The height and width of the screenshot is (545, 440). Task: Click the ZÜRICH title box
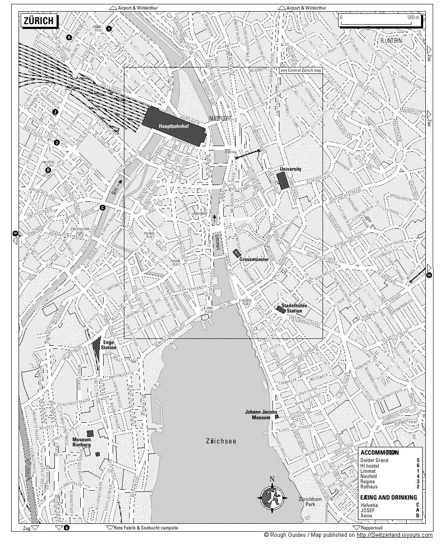[x=38, y=21]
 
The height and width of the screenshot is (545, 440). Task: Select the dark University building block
[x=283, y=180]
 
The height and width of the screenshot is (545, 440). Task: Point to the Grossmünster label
[x=254, y=259]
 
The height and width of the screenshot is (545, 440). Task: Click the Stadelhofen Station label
[x=294, y=308]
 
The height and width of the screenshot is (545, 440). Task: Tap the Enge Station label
[x=109, y=344]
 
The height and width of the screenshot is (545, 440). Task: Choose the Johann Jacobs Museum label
[x=260, y=414]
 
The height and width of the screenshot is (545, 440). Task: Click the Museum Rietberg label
[x=82, y=442]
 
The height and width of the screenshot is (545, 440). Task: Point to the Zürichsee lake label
[x=221, y=441]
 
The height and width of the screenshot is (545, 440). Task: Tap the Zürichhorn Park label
[x=310, y=502]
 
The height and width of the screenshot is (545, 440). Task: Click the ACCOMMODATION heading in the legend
[x=380, y=453]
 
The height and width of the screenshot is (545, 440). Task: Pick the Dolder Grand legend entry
[x=374, y=460]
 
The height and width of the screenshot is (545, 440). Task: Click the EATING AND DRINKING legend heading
[x=389, y=497]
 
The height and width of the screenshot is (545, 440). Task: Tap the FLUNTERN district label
[x=391, y=41]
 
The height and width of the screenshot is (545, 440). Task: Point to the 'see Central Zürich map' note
[x=301, y=70]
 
